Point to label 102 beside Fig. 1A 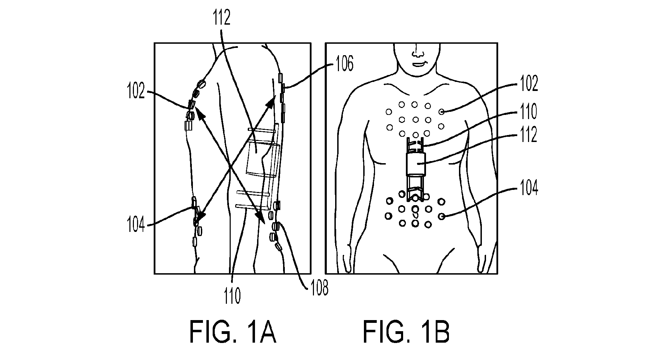coord(135,92)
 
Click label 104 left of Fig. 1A coord(136,225)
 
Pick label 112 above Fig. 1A coord(222,18)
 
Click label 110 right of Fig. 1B coord(528,111)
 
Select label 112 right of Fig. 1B coord(528,135)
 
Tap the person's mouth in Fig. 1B coord(419,64)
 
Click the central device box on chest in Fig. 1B coord(416,164)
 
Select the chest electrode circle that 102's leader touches coord(441,112)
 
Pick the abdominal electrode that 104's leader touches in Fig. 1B coord(442,216)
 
